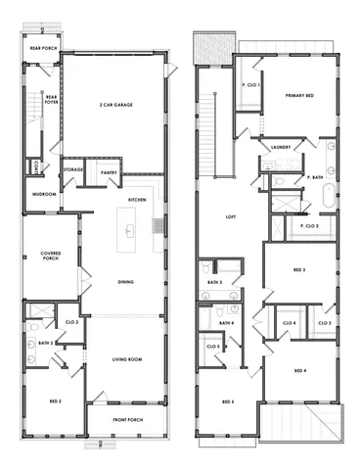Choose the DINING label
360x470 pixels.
point(125,283)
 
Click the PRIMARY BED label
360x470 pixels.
point(298,95)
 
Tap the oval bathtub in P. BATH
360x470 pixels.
point(330,192)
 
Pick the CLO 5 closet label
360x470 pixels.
point(212,346)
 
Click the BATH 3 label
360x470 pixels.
point(214,282)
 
